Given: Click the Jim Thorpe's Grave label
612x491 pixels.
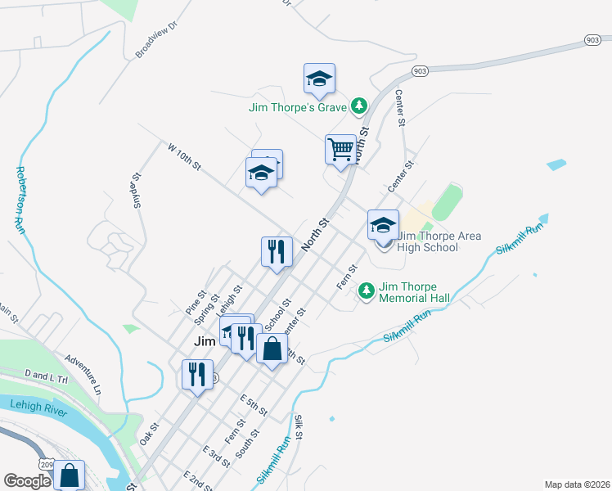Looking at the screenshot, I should (x=299, y=107).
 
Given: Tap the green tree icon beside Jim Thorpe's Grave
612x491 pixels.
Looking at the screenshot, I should (x=358, y=106).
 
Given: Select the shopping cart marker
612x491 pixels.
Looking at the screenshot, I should (x=340, y=151).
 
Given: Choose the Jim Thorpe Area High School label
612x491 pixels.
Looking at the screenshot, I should (x=439, y=241).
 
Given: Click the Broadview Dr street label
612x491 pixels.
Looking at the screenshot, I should (x=156, y=41).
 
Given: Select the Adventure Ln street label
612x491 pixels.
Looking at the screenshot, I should (x=83, y=373).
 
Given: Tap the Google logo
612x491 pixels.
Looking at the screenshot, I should (x=27, y=480).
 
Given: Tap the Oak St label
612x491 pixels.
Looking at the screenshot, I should (x=149, y=434).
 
